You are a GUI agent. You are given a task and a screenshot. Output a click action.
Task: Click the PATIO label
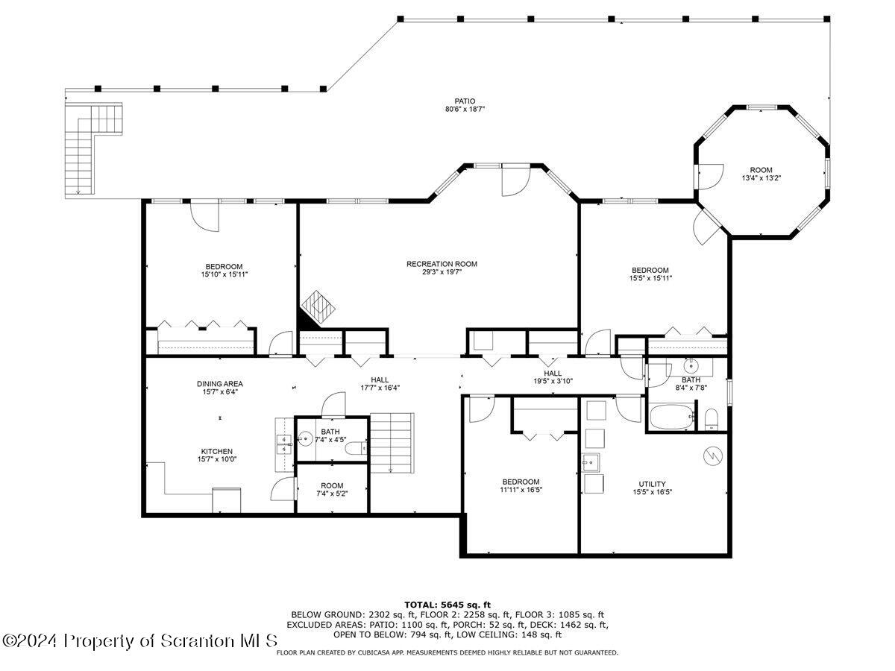(465, 101)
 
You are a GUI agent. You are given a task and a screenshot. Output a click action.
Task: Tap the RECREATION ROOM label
(442, 264)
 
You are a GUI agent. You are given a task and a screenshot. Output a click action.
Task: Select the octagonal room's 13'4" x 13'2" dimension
(761, 178)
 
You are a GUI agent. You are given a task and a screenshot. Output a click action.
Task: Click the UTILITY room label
(652, 484)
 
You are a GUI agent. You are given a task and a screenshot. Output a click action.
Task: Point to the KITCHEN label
(217, 451)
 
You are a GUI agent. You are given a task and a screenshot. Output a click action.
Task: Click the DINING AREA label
(220, 384)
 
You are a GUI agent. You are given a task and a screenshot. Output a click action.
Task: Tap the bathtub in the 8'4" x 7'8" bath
(671, 416)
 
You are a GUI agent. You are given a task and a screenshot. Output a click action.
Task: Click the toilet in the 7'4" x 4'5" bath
(356, 449)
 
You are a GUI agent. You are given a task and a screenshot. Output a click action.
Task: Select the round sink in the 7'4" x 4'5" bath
(304, 439)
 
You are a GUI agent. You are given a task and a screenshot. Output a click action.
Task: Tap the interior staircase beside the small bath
(392, 444)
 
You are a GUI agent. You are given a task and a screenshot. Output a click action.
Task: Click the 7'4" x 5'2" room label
(332, 485)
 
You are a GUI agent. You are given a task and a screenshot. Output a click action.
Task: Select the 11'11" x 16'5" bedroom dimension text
(521, 490)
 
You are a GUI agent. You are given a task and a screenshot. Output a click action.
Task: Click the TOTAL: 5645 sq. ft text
(447, 605)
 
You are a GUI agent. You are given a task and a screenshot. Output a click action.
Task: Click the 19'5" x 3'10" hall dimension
(553, 381)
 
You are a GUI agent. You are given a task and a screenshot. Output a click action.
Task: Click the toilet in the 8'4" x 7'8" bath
(711, 419)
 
